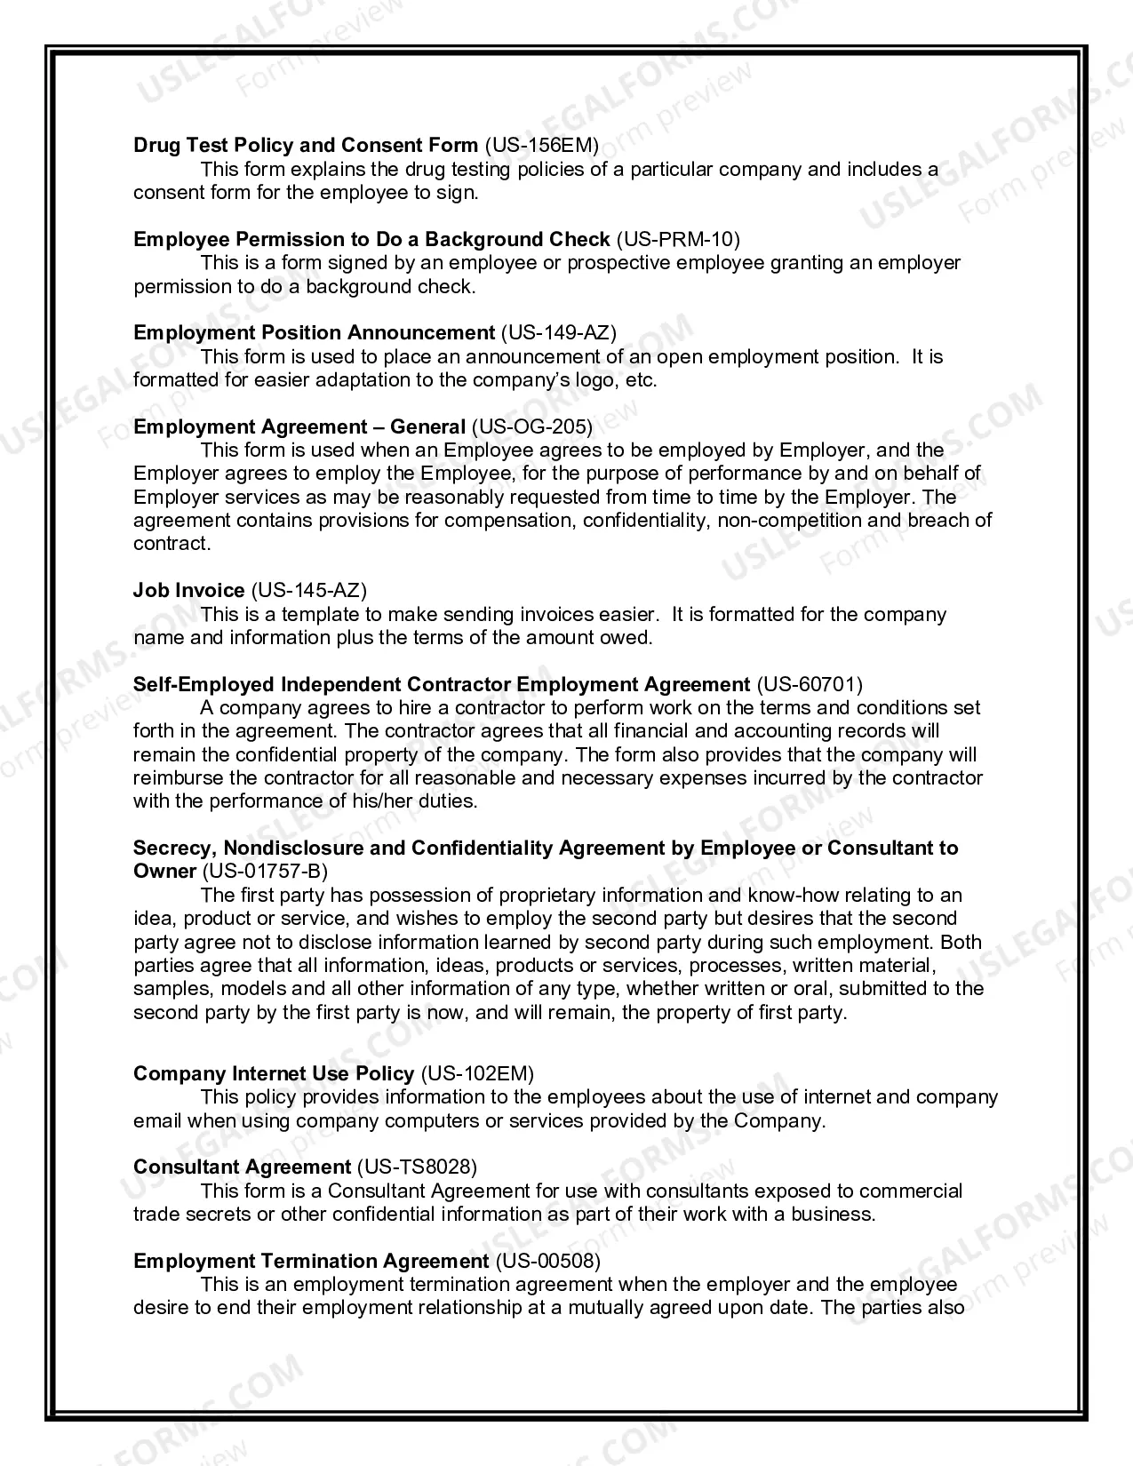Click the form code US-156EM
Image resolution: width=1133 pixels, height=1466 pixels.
pyautogui.click(x=541, y=145)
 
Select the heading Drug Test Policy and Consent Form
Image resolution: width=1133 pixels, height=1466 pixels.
pyautogui.click(x=306, y=145)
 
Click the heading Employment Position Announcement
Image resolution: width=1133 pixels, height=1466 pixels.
pyautogui.click(x=314, y=332)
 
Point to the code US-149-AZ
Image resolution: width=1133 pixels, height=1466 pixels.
pyautogui.click(x=558, y=332)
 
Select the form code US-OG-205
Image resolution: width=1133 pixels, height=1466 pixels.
pyautogui.click(x=531, y=426)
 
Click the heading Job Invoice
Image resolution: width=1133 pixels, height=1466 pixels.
pyautogui.click(x=189, y=590)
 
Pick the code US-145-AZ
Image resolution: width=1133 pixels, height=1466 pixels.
pyautogui.click(x=309, y=590)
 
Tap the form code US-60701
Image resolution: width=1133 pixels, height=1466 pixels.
pyautogui.click(x=809, y=684)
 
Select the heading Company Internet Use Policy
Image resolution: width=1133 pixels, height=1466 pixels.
pyautogui.click(x=274, y=1073)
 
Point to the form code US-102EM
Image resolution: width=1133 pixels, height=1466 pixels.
pyautogui.click(x=477, y=1073)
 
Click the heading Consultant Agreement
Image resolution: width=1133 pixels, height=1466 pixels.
pyautogui.click(x=242, y=1167)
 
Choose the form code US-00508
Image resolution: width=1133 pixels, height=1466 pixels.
pyautogui.click(x=547, y=1261)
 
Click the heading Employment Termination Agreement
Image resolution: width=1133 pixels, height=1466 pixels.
pyautogui.click(x=311, y=1261)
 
